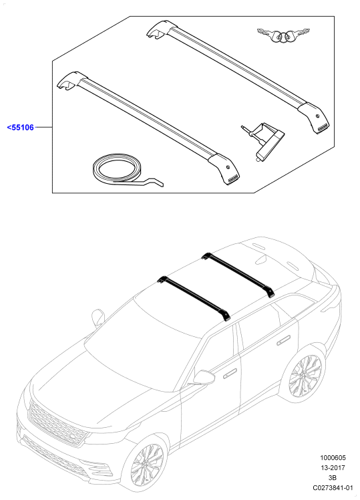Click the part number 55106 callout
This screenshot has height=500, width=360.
(x=21, y=128)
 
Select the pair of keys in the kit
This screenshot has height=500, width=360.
(x=284, y=35)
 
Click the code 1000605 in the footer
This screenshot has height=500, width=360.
(x=333, y=458)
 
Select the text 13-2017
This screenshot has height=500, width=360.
(x=333, y=468)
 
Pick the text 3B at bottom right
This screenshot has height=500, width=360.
(x=333, y=478)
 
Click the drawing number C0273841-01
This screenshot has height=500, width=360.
(x=333, y=487)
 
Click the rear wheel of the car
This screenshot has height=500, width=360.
(x=305, y=376)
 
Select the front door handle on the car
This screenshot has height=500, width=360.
(x=230, y=374)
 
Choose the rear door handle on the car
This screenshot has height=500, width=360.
(x=283, y=340)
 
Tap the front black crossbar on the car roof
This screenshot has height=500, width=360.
(x=194, y=297)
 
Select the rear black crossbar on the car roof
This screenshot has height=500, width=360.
(x=238, y=274)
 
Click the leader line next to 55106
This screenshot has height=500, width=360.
(x=43, y=128)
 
